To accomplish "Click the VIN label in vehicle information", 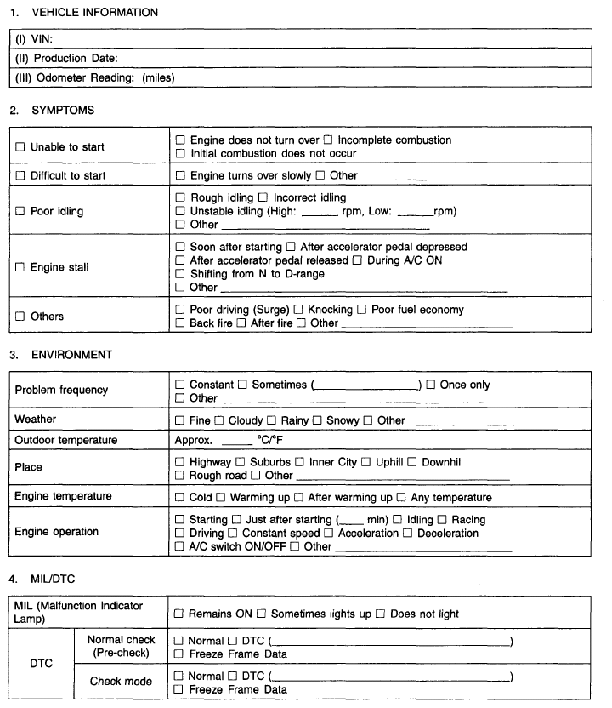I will point(35,38).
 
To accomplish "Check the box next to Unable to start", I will point(20,147).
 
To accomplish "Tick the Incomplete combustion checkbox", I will point(328,140).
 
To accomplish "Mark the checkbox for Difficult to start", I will point(20,176).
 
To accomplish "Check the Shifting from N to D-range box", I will point(179,274).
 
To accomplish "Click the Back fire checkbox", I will point(179,323).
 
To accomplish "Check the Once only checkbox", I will point(431,385).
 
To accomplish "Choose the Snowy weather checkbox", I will point(318,420).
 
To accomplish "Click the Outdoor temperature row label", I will point(66,440).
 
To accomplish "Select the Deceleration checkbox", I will point(408,534).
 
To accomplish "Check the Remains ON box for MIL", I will point(179,614).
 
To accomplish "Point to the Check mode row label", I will point(122,681).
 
